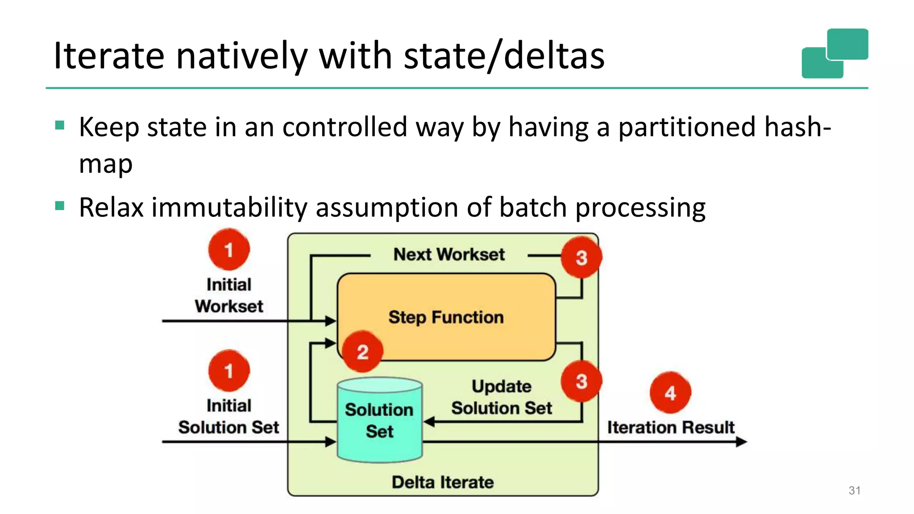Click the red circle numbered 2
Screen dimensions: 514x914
(362, 352)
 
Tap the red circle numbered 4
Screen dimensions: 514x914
(670, 393)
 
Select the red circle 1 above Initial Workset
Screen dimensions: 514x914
(229, 250)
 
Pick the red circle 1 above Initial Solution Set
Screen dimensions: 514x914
(229, 371)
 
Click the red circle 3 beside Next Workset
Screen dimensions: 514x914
(581, 257)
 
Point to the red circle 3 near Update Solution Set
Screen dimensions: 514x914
(581, 381)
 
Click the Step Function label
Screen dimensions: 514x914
(446, 317)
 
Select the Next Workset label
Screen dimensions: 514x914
(449, 254)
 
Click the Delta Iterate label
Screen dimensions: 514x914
(443, 482)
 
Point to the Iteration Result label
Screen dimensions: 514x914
(670, 427)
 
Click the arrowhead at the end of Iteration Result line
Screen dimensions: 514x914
(741, 442)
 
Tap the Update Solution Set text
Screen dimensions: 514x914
(501, 397)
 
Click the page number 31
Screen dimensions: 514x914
(854, 490)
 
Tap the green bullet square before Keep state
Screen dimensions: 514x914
(60, 125)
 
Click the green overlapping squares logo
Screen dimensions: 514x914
(835, 54)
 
